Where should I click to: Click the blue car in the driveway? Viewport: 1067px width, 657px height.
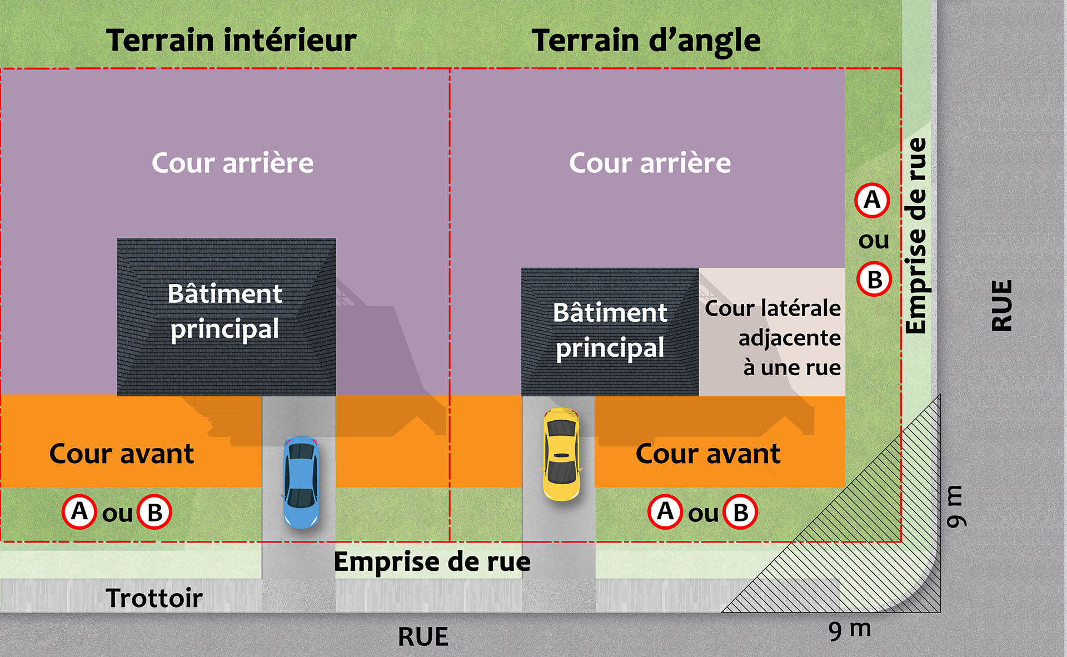(301, 482)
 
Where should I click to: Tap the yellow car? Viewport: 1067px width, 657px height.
(561, 454)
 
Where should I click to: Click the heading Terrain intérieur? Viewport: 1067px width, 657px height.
(231, 41)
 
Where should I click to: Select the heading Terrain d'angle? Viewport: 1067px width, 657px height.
(646, 41)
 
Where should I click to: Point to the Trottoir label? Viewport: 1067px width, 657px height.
(154, 598)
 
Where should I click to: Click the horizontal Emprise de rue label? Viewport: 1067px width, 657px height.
(432, 561)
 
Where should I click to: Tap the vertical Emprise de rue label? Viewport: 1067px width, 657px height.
(916, 236)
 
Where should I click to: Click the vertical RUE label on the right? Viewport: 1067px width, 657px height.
(1002, 306)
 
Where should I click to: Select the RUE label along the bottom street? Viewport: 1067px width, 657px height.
(423, 637)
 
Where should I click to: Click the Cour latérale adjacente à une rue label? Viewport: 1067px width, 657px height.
(773, 337)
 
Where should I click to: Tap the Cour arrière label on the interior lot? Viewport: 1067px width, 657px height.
(232, 163)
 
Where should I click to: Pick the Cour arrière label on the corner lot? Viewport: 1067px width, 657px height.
(650, 163)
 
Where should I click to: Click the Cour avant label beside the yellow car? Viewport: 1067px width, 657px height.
(707, 454)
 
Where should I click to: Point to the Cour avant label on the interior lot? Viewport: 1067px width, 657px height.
(121, 454)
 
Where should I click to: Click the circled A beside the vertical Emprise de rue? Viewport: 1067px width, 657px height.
(872, 200)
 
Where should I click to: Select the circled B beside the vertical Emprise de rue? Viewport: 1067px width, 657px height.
(874, 280)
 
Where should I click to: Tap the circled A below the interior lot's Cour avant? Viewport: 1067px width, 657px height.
(79, 511)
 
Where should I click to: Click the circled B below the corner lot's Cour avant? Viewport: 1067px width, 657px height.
(741, 512)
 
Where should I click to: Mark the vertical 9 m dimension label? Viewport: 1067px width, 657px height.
(955, 506)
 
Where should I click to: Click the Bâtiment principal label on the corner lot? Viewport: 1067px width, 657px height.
(610, 330)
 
